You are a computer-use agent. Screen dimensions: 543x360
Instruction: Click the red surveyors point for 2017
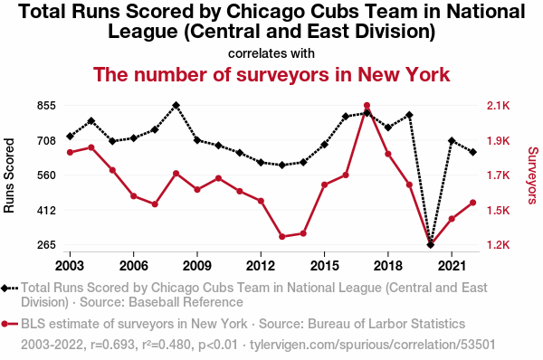pyautogui.click(x=367, y=106)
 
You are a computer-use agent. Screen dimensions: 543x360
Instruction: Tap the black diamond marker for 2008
pyautogui.click(x=176, y=105)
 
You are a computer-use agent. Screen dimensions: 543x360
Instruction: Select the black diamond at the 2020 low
pyautogui.click(x=431, y=245)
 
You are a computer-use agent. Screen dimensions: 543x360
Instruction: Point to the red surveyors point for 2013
pyautogui.click(x=281, y=237)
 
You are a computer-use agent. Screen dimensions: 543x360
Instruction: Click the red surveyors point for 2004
pyautogui.click(x=91, y=147)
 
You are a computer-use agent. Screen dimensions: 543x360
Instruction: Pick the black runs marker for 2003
pyautogui.click(x=70, y=137)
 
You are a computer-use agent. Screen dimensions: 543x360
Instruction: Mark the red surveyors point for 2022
pyautogui.click(x=473, y=203)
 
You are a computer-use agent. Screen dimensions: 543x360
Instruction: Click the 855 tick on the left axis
pyautogui.click(x=46, y=106)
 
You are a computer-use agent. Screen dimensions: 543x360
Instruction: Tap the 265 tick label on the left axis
pyautogui.click(x=46, y=245)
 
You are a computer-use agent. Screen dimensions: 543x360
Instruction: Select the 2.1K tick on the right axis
pyautogui.click(x=499, y=106)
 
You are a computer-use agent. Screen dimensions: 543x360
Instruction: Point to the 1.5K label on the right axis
pyautogui.click(x=499, y=210)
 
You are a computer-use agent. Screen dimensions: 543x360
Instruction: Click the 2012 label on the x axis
pyautogui.click(x=261, y=266)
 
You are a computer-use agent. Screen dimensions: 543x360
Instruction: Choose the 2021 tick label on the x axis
pyautogui.click(x=452, y=266)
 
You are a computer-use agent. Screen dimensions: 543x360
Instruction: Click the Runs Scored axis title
pyautogui.click(x=9, y=175)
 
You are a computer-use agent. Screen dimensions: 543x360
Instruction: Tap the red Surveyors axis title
pyautogui.click(x=533, y=175)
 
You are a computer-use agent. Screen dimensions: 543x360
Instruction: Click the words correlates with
pyautogui.click(x=271, y=53)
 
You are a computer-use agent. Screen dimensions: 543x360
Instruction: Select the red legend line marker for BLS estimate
pyautogui.click(x=9, y=324)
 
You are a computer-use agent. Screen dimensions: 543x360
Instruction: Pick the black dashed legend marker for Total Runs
pyautogui.click(x=9, y=288)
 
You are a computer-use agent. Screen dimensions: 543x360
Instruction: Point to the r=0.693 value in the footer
pyautogui.click(x=112, y=345)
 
